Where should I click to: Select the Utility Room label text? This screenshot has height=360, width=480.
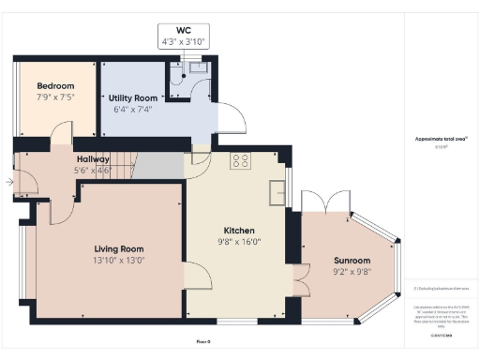click(130, 97)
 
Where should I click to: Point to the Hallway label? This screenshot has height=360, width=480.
click(93, 159)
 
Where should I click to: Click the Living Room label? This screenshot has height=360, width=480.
click(119, 248)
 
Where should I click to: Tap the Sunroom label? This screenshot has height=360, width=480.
click(352, 260)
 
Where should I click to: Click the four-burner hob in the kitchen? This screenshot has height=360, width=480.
click(241, 160)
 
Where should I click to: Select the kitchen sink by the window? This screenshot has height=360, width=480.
click(277, 191)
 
